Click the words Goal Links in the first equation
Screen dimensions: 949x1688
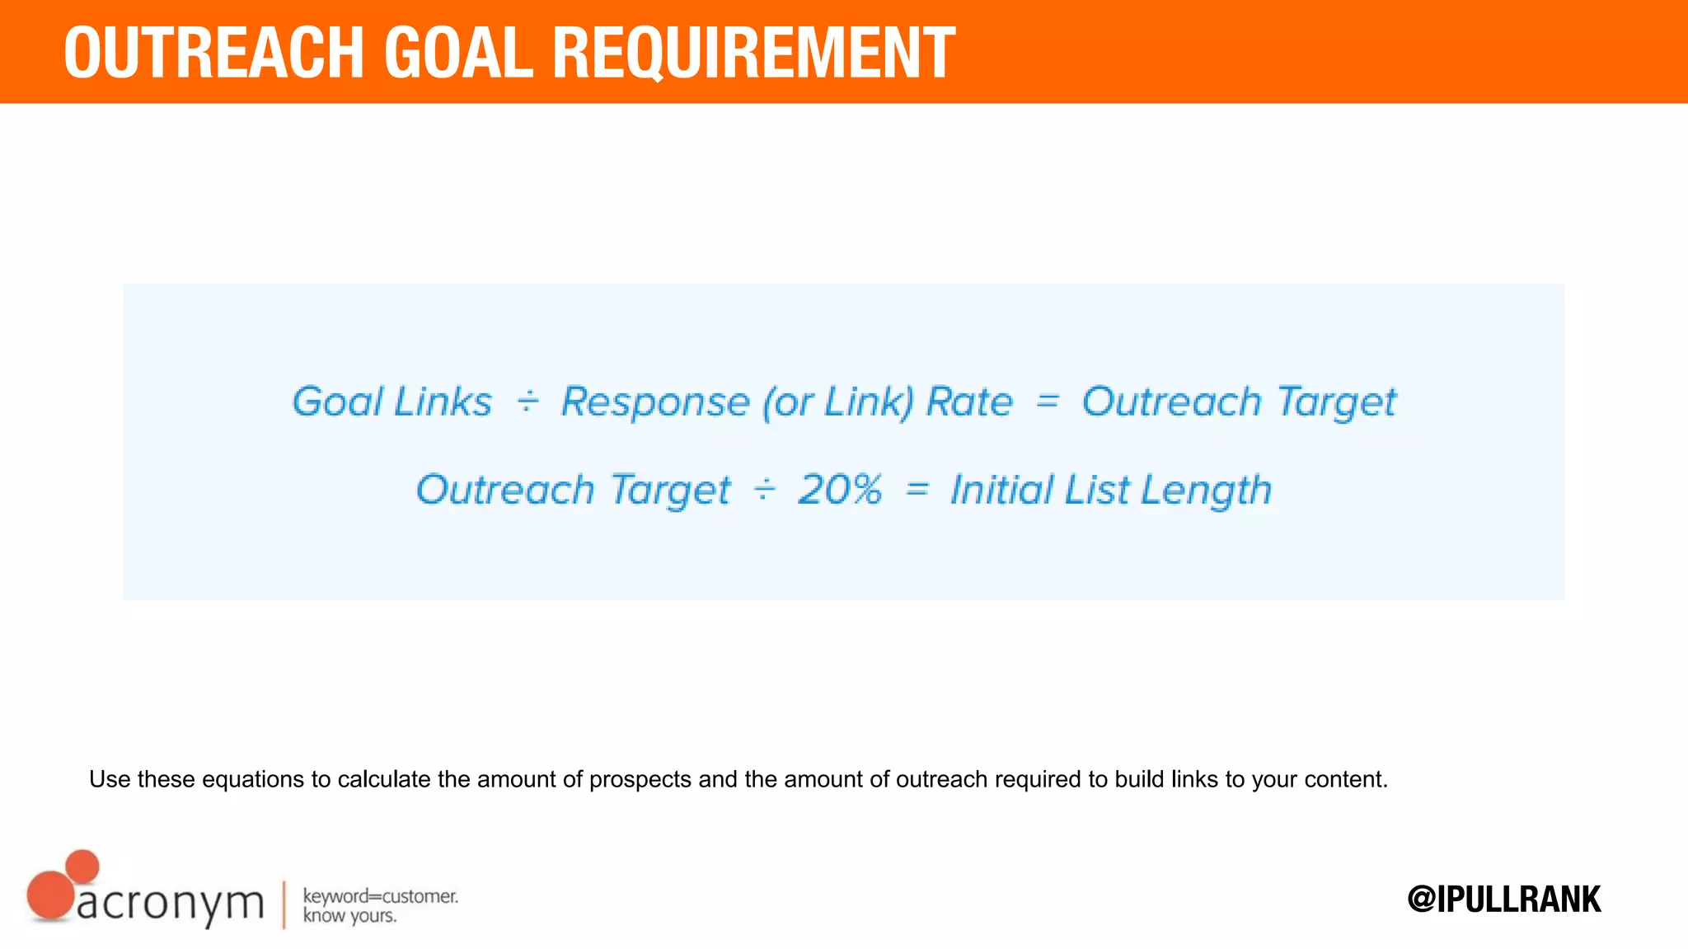coord(392,402)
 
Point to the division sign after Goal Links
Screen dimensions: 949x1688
coord(527,402)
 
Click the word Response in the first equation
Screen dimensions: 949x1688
coord(655,403)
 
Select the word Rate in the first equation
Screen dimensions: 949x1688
coord(969,402)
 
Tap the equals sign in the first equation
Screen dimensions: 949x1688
coord(1047,402)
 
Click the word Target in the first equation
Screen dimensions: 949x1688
coord(1337,403)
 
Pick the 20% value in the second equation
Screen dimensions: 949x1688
coord(840,490)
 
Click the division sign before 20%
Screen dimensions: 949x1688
coord(765,490)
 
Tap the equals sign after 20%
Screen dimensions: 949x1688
coord(917,490)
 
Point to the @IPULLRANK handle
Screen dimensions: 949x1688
coord(1504,899)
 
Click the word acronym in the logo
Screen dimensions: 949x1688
coord(171,904)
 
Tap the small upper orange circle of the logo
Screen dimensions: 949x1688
coord(82,867)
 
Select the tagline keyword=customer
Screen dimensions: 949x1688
coord(380,896)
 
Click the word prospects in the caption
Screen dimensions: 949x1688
coord(640,779)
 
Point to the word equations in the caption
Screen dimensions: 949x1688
coord(253,779)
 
